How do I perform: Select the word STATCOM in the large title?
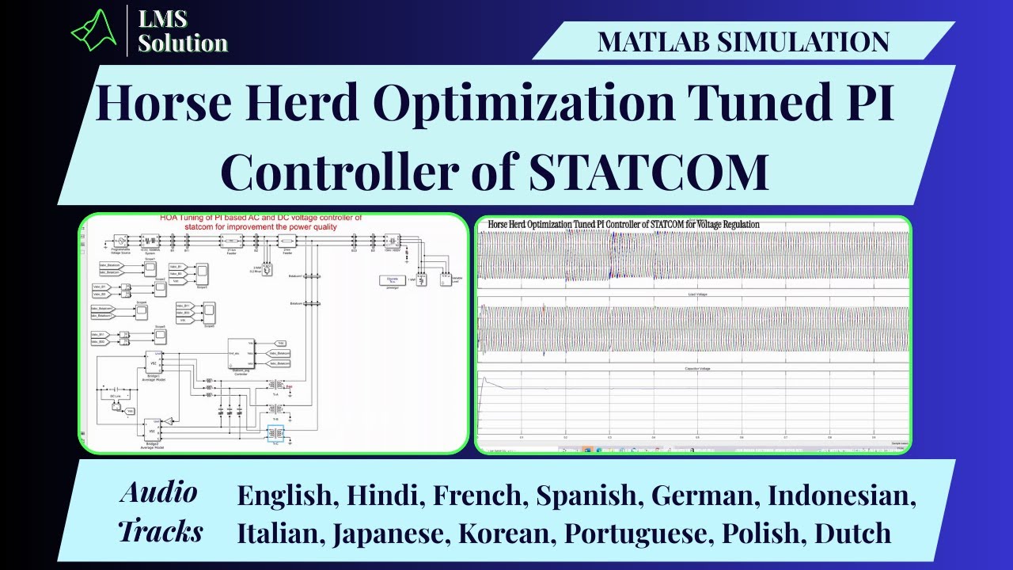pos(649,172)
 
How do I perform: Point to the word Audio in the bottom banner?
pos(159,493)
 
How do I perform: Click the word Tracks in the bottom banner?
pos(161,531)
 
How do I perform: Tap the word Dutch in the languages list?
pos(853,534)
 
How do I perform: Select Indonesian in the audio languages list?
pos(842,496)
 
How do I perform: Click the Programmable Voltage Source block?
pos(121,241)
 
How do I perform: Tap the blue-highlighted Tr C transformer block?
pos(277,434)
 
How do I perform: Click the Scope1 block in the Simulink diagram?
pos(150,269)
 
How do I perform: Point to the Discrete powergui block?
pos(391,280)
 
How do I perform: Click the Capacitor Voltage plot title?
pos(692,369)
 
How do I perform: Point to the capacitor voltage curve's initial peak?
pos(483,378)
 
